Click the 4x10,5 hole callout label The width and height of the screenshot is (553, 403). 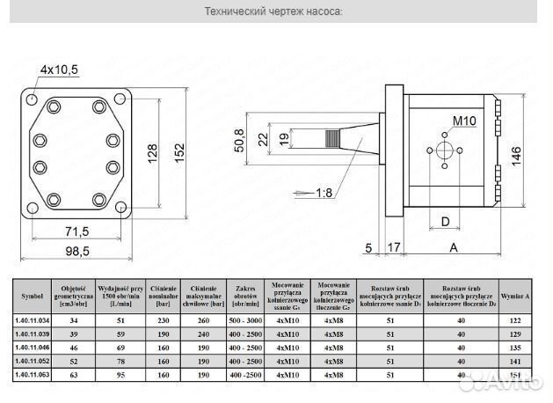point(59,69)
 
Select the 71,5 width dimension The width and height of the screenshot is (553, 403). point(78,231)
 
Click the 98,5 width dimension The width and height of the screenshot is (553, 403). point(78,251)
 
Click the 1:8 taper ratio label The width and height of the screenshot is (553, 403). point(323,193)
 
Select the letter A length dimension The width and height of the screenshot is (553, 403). point(454,248)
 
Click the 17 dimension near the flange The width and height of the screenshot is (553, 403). point(394,248)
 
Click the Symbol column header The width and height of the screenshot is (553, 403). point(33,297)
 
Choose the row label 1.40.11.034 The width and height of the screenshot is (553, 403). point(33,321)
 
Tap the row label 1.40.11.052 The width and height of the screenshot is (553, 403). point(33,361)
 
